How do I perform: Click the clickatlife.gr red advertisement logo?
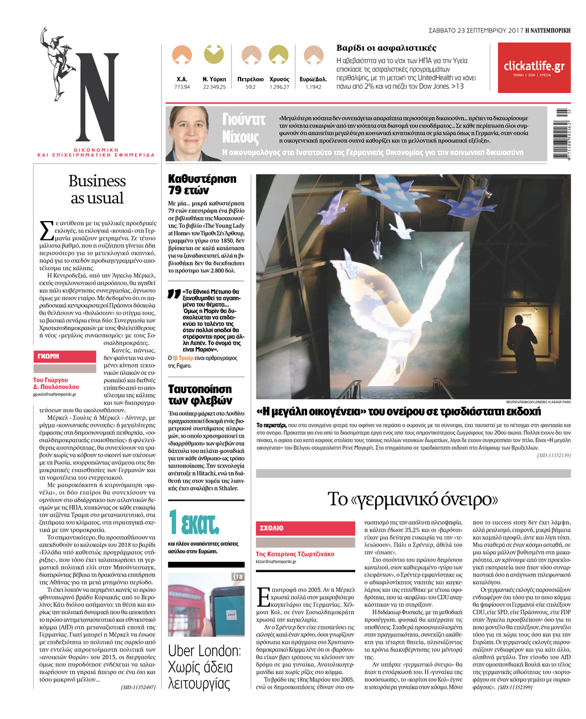[x=534, y=67]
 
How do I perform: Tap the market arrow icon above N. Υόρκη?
[x=214, y=55]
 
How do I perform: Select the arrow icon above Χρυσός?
[x=279, y=55]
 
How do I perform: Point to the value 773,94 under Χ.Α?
[x=182, y=87]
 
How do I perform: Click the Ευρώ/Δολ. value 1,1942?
[x=313, y=87]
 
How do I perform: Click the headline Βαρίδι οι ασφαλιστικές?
[x=386, y=48]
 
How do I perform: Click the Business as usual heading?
[x=97, y=189]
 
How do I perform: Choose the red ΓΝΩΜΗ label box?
[x=64, y=356]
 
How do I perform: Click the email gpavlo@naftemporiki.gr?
[x=54, y=394]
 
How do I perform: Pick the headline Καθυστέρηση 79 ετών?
[x=202, y=184]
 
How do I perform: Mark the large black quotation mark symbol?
[x=173, y=295]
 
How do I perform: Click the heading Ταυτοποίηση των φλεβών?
[x=200, y=394]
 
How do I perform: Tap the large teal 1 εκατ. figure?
[x=194, y=522]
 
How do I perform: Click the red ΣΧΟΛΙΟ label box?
[x=305, y=528]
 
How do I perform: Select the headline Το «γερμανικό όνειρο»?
[x=413, y=499]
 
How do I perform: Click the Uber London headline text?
[x=204, y=667]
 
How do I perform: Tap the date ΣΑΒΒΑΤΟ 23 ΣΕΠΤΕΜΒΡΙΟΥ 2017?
[x=475, y=30]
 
